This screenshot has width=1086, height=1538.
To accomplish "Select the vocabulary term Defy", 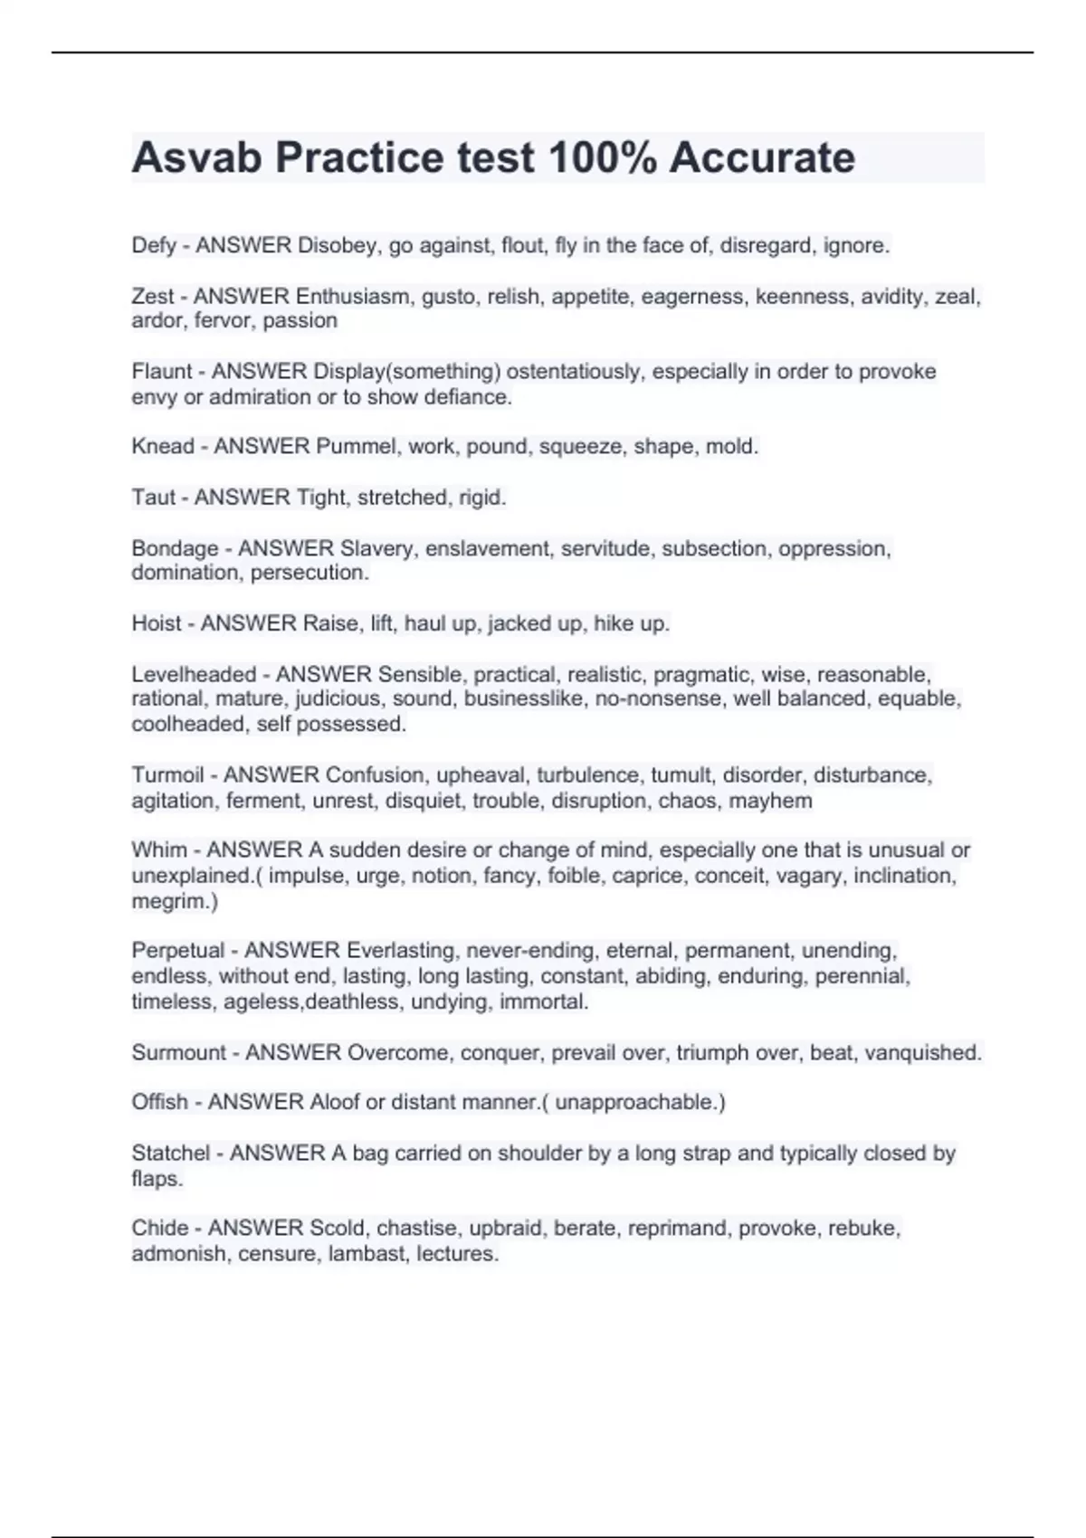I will tap(153, 245).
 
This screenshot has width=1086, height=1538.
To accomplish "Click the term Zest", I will tap(152, 296).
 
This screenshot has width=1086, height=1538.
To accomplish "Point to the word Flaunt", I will tap(161, 371).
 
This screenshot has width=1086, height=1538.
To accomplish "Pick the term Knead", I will tap(163, 446).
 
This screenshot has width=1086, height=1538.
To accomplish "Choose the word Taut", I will tap(152, 497).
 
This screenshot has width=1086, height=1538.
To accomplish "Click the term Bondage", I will tap(175, 548).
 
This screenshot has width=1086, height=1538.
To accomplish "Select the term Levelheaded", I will tap(194, 674).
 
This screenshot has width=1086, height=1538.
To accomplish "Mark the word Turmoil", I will tap(167, 775).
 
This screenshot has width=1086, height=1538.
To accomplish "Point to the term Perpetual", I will tap(177, 950).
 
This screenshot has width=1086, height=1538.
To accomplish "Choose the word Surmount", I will tap(178, 1052).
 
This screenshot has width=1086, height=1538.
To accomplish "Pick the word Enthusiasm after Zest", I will tap(353, 296).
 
